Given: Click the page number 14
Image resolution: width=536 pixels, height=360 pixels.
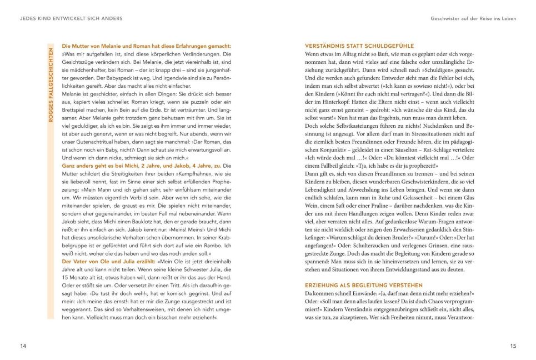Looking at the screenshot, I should [x=23, y=347].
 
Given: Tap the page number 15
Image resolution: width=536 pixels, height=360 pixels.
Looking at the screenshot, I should [x=513, y=347].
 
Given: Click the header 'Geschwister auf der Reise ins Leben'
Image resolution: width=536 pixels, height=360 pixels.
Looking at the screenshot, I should [x=473, y=18].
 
